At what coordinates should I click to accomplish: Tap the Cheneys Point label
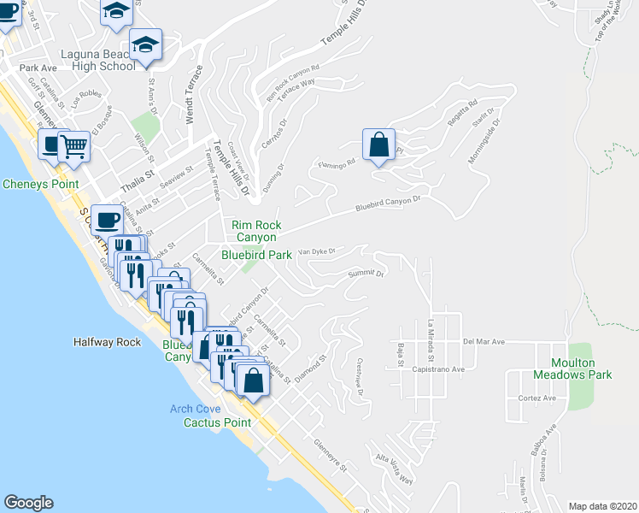point(40,184)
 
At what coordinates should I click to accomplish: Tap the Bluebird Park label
point(256,254)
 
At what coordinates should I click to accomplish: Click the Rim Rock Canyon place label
point(256,231)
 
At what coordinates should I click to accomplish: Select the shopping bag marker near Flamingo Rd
point(378,145)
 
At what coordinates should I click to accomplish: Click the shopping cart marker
point(74,146)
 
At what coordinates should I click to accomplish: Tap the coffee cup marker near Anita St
point(107,221)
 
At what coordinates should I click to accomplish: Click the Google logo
point(28,503)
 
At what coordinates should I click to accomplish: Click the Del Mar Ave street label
point(484,341)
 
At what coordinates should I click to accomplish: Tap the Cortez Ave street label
point(536,398)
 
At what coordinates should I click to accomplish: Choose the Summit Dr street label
point(366,274)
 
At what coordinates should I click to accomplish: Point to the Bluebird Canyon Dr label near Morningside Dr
point(389,205)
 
